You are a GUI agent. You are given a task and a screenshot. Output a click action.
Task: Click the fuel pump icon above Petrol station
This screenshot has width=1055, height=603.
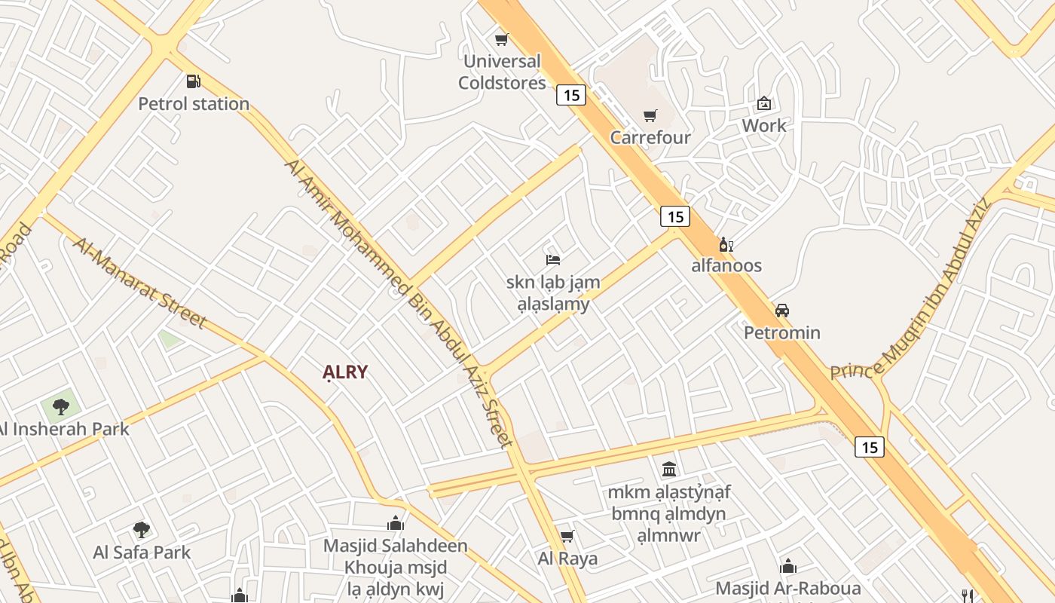tap(194, 81)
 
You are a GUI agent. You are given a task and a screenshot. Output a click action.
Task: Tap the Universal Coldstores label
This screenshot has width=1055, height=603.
tap(502, 72)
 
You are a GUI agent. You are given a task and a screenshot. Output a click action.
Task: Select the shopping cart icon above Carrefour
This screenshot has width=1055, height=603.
tap(650, 115)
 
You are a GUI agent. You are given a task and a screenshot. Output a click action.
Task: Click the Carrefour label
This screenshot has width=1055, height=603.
tap(650, 137)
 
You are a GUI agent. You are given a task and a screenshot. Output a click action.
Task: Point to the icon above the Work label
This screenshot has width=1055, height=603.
tap(764, 103)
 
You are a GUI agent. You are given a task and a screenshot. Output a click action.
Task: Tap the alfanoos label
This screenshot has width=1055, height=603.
tap(726, 265)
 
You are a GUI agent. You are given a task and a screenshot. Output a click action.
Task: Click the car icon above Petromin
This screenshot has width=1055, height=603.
tap(782, 310)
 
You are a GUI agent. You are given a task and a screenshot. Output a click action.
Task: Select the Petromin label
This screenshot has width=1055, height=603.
tap(782, 332)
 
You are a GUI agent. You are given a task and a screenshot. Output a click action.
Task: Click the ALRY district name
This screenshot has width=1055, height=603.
tap(345, 372)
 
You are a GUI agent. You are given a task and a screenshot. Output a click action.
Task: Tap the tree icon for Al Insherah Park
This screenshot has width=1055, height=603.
tap(61, 407)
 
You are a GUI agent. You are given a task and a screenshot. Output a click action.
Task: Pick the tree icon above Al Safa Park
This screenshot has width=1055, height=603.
tap(141, 530)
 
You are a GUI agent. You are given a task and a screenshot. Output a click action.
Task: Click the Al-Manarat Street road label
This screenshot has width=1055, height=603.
tap(139, 283)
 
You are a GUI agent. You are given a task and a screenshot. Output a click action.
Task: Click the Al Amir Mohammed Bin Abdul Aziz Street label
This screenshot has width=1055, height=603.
tap(399, 301)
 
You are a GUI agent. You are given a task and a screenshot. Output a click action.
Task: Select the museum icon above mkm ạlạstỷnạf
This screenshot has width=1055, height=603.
tap(669, 470)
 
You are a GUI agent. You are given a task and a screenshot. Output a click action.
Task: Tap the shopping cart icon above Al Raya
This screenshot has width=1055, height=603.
tap(567, 536)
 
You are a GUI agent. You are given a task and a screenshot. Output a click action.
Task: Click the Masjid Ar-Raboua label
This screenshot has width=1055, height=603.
tap(787, 588)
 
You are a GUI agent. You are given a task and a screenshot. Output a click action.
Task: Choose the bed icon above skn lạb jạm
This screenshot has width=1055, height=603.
tap(553, 260)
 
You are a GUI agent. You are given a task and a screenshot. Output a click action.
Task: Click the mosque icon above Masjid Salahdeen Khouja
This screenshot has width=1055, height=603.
tap(396, 523)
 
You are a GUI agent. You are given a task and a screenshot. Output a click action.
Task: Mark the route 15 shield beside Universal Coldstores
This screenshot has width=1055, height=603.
tap(571, 95)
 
